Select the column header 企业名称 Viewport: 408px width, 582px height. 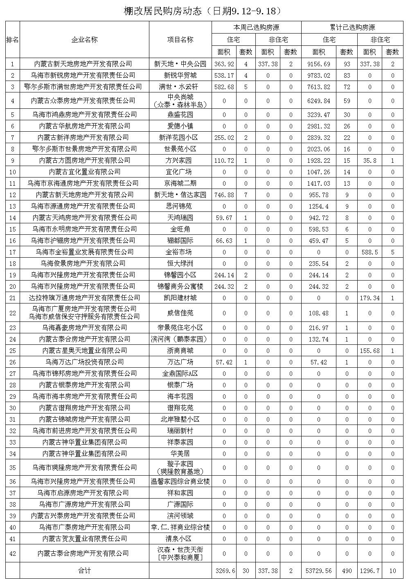pos(84,40)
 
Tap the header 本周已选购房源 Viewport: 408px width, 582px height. pos(256,27)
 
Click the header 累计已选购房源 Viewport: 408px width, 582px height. pos(352,27)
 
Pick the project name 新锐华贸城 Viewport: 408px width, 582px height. pos(180,75)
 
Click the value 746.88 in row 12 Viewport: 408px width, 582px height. pos(224,195)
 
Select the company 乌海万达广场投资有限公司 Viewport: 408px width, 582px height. pos(84,362)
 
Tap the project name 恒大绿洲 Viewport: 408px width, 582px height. pos(180,263)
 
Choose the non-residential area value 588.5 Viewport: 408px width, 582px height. pos(370,252)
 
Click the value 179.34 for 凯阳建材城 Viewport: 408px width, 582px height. pos(370,298)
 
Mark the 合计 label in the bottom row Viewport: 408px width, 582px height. pos(84,571)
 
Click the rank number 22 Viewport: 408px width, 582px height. pos(13,313)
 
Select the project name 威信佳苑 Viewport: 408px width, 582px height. pos(180,313)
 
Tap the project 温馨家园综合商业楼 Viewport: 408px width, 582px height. pos(180,481)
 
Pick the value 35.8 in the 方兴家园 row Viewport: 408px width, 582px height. pos(370,160)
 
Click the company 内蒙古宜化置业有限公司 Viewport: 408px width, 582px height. pos(84,172)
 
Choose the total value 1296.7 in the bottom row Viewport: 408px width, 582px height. pos(370,571)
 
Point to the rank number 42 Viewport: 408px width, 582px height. pos(13,553)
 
